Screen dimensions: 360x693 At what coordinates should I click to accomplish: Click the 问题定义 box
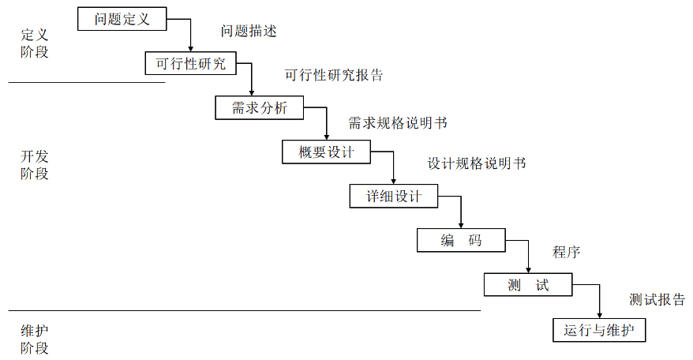point(122,19)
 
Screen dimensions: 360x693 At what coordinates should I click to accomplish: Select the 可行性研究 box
point(190,63)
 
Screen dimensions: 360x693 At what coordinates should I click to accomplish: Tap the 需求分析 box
point(259,108)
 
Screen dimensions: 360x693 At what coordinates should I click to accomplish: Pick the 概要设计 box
point(326,152)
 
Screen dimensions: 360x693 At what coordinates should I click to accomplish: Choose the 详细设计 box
point(394,196)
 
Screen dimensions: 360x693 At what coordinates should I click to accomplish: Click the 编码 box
point(461,240)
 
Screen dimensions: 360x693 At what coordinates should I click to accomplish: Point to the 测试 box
point(527,284)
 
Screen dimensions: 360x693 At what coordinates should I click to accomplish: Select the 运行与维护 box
point(600,329)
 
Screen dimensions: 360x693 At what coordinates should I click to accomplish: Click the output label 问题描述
point(249,32)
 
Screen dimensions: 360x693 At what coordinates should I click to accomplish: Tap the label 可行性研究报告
point(334,76)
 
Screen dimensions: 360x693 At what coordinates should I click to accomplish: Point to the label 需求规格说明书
point(398,122)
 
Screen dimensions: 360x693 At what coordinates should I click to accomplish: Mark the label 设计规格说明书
point(477,164)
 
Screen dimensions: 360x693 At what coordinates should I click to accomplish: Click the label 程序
point(567,253)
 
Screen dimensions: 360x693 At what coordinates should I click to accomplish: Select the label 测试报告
point(657,299)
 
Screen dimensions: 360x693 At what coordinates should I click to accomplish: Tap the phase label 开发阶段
point(34,165)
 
